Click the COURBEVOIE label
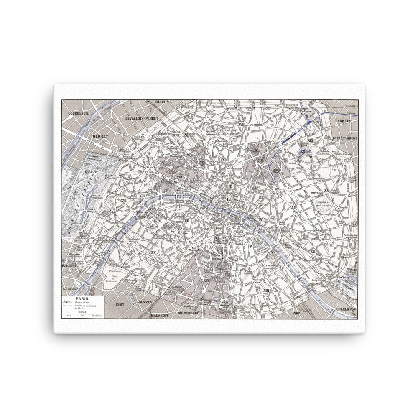[80, 113]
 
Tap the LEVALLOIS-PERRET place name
[143, 118]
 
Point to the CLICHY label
[161, 102]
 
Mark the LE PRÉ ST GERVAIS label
[343, 138]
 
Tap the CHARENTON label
[344, 308]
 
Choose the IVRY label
[296, 312]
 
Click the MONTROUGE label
[190, 313]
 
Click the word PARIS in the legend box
[82, 298]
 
